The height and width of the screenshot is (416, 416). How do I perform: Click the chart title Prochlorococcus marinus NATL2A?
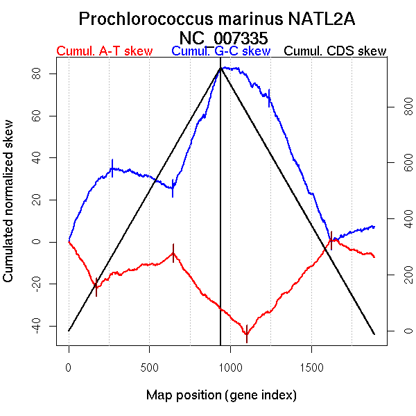click(217, 19)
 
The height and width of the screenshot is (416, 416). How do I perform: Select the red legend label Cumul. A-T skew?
click(104, 51)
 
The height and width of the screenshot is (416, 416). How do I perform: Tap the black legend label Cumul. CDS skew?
click(336, 51)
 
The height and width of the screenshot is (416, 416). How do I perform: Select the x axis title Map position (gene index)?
click(221, 396)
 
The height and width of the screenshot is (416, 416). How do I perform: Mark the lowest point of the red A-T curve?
click(246, 334)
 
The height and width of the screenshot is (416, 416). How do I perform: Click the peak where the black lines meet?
click(220, 67)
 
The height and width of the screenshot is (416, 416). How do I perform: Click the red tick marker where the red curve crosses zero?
click(331, 241)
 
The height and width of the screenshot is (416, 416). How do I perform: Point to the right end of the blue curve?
click(374, 227)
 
